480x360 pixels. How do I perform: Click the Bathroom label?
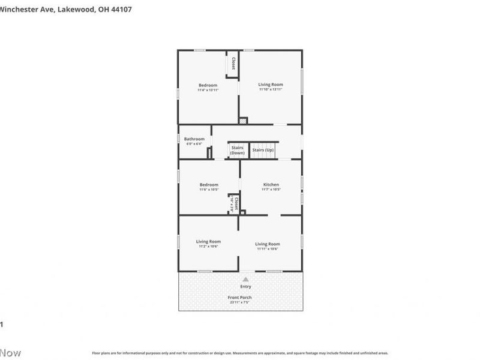[x=194, y=139]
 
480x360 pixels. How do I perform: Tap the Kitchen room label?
[x=271, y=185]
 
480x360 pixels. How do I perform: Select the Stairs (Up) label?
[x=263, y=150]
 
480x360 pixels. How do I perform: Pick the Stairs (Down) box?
[x=237, y=150]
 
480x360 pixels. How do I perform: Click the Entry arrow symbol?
[x=246, y=279]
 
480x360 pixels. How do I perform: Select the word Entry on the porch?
[x=246, y=287]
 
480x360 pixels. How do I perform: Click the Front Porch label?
[x=239, y=298]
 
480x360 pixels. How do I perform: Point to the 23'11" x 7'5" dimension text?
[x=239, y=302]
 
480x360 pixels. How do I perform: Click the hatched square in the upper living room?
[x=243, y=121]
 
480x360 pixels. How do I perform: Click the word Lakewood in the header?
[x=76, y=9]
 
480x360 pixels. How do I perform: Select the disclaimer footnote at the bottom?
[x=240, y=353]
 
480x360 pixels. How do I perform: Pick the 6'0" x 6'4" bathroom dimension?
[x=194, y=144]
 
